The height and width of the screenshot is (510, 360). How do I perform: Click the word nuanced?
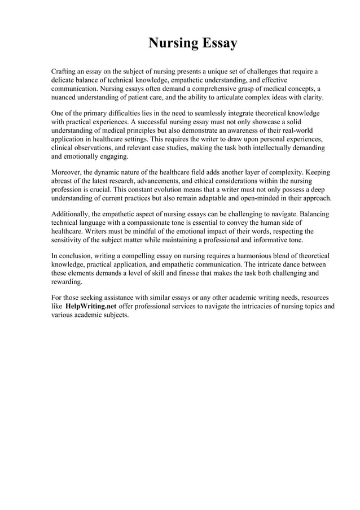point(65,97)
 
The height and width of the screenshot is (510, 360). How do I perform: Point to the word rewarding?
point(67,281)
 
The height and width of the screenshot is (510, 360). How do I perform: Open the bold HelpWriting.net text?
point(86,307)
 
